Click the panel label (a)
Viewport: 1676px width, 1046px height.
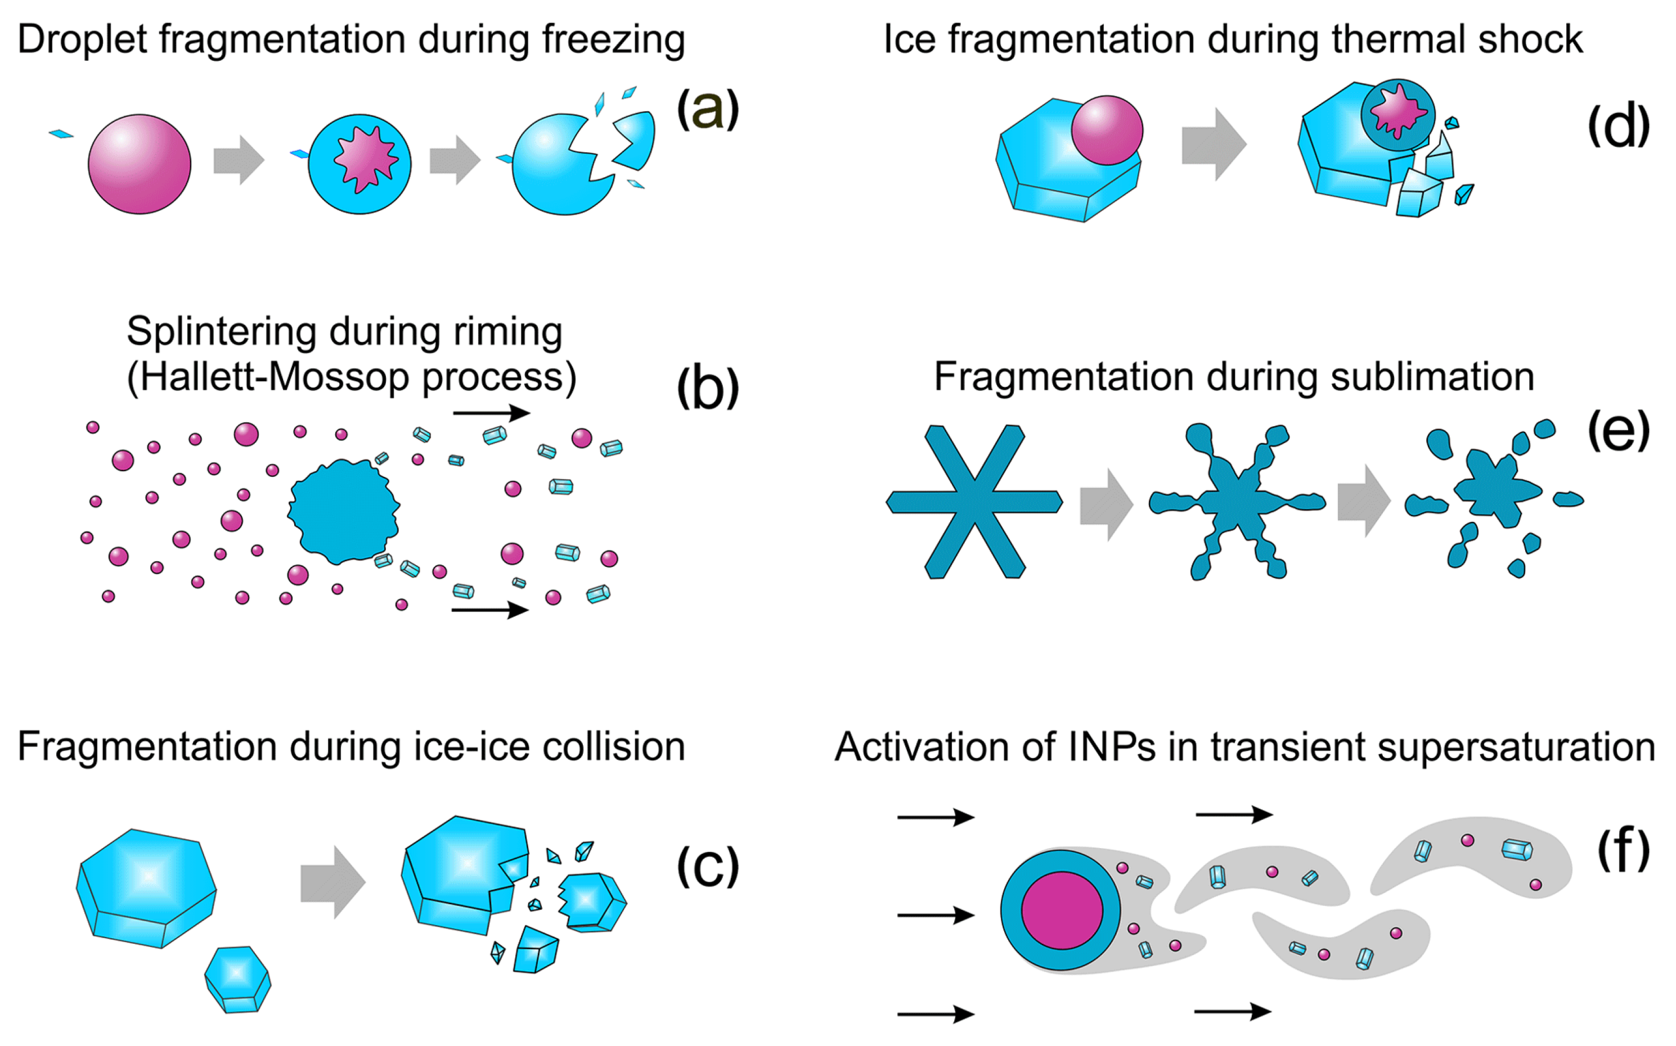tap(707, 109)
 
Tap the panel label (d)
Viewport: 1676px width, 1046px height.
tap(1618, 127)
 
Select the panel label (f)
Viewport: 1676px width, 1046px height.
tap(1623, 853)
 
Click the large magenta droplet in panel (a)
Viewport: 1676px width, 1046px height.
tap(139, 164)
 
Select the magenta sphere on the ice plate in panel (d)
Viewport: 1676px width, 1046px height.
tap(1107, 130)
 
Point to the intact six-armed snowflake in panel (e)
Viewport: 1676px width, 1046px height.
tap(974, 502)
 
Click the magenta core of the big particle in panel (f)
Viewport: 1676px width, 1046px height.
tap(1062, 910)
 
